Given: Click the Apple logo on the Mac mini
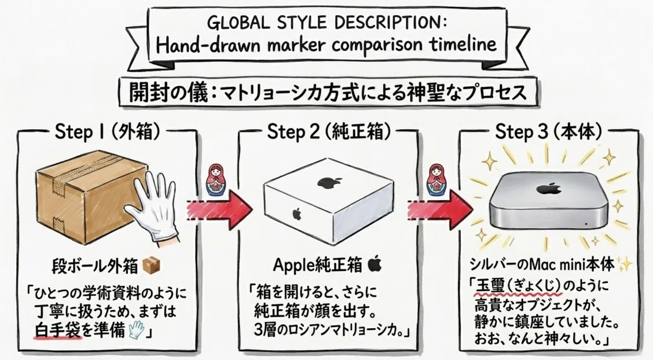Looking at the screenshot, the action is [x=544, y=188].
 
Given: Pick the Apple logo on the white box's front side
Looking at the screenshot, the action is [x=296, y=214].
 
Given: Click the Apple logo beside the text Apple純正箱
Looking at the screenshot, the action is [x=375, y=265].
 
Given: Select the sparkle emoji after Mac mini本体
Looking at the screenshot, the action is [x=624, y=263].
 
